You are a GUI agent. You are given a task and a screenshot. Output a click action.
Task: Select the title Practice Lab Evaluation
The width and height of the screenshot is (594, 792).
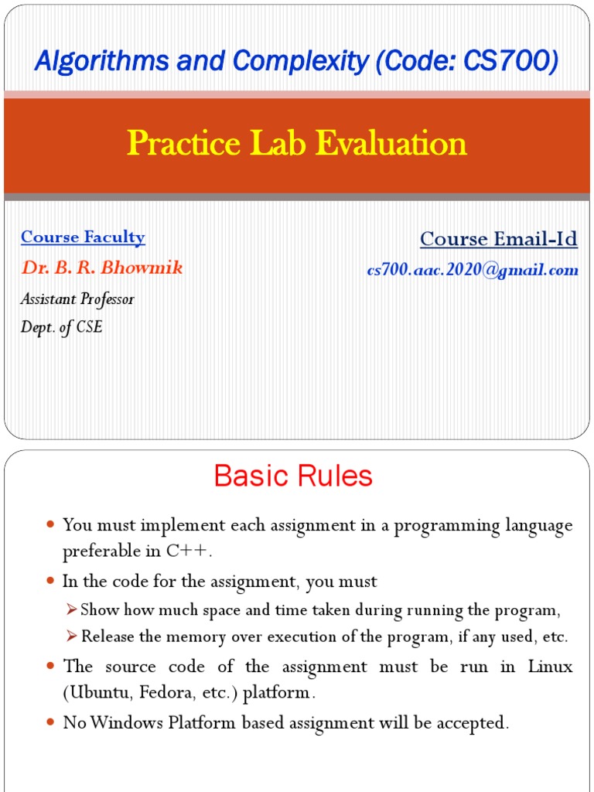point(297,143)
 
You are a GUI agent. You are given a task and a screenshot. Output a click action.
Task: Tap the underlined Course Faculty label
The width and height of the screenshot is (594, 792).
point(83,237)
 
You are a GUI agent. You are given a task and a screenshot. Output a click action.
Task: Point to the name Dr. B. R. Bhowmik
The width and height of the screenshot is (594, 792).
point(102,268)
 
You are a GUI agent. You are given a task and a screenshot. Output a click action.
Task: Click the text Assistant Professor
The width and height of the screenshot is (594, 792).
point(77,299)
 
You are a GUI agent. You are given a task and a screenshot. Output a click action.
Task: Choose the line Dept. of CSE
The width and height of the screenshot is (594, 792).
point(62,327)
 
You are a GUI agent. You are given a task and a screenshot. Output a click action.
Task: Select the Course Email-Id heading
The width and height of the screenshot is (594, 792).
point(499,239)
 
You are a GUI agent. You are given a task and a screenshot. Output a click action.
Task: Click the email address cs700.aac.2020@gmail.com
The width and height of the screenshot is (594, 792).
point(473,270)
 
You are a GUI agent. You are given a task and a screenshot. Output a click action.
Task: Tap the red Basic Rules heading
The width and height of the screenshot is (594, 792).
point(293,476)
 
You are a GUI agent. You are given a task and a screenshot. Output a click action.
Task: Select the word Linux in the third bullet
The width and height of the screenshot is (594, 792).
point(550,667)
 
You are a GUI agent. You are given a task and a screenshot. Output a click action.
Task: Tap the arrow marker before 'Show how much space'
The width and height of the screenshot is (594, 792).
point(72,610)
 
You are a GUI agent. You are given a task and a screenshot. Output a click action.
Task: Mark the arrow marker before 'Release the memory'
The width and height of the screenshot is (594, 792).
point(72,637)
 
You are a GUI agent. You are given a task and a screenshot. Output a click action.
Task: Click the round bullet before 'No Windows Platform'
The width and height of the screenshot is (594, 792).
point(50,722)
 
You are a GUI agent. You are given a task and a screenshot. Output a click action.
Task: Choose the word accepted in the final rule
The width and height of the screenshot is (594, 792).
point(474,723)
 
